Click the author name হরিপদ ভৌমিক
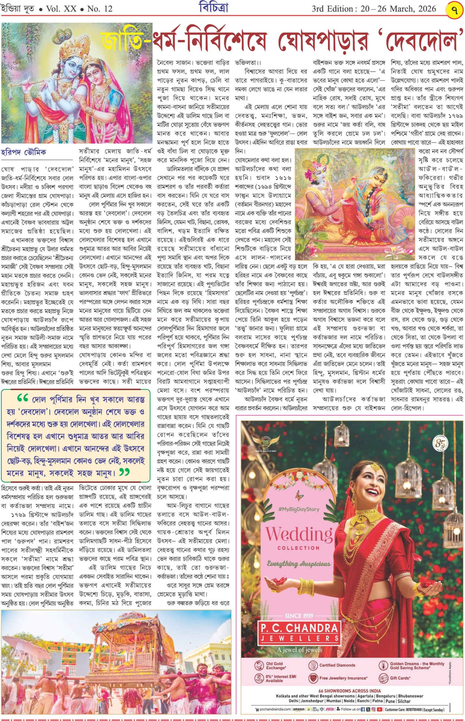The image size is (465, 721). click(x=24, y=152)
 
